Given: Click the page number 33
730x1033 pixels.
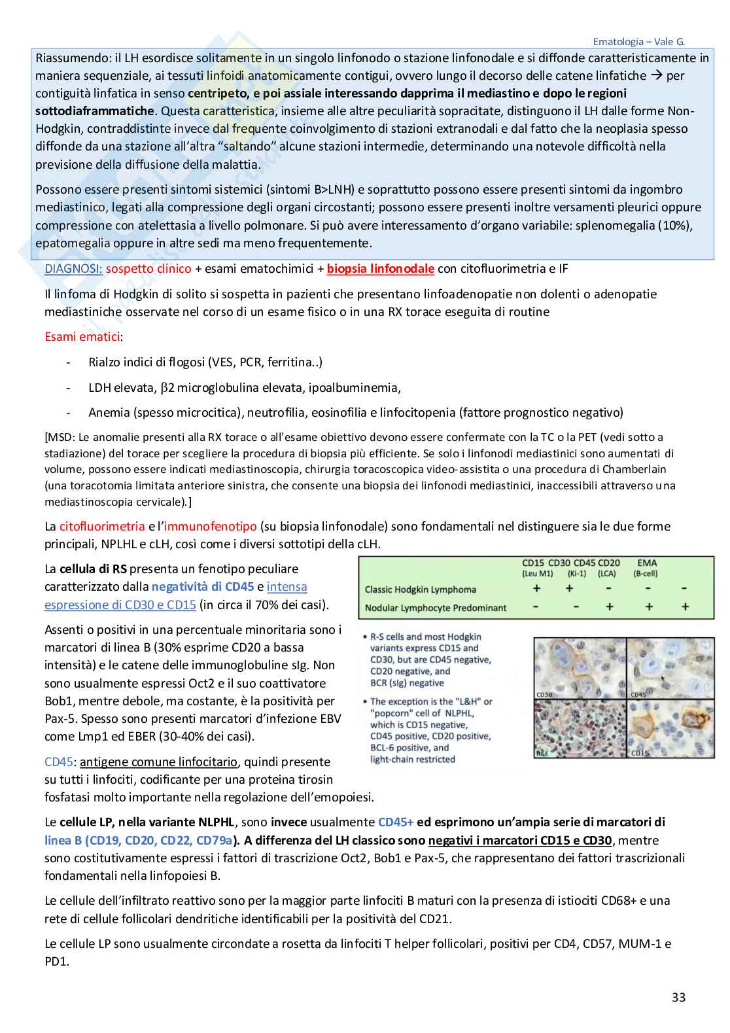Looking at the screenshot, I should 678,997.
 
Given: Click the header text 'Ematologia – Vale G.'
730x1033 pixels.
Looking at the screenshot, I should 638,41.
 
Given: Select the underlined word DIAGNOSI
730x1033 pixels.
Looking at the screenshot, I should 73,268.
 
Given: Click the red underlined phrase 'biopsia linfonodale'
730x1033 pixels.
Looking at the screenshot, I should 381,268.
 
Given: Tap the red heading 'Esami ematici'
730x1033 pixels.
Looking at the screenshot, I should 82,337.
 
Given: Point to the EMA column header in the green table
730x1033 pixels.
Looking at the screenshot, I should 646,563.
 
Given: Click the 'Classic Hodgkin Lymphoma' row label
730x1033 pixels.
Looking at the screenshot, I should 420,589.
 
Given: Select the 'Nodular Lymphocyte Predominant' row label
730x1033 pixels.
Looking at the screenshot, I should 436,608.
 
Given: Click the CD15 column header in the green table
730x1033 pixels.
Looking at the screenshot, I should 533,563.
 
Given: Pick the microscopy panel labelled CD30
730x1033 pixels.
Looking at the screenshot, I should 580,668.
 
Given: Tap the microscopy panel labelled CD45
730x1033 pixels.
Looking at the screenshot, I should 670,668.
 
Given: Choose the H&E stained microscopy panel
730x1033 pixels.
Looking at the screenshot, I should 580,728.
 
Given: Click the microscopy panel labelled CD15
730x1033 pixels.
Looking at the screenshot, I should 670,728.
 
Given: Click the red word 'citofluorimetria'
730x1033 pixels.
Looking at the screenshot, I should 102,526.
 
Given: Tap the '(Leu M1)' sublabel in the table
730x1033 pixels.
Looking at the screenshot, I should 538,574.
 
